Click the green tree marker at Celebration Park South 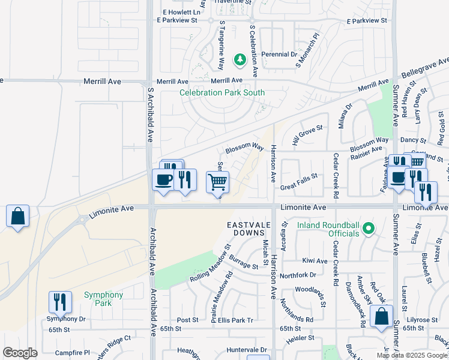[x=240, y=59]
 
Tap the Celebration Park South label [x=222, y=93]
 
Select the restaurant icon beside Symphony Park [x=60, y=301]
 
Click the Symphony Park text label [x=103, y=299]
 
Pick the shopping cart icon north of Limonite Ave [x=217, y=181]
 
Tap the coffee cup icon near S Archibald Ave [x=163, y=179]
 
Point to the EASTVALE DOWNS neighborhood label [x=246, y=228]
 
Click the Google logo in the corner [x=20, y=353]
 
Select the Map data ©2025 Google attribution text [x=412, y=355]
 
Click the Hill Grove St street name [x=307, y=136]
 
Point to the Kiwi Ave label [x=315, y=261]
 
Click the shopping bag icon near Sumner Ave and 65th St [x=381, y=316]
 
